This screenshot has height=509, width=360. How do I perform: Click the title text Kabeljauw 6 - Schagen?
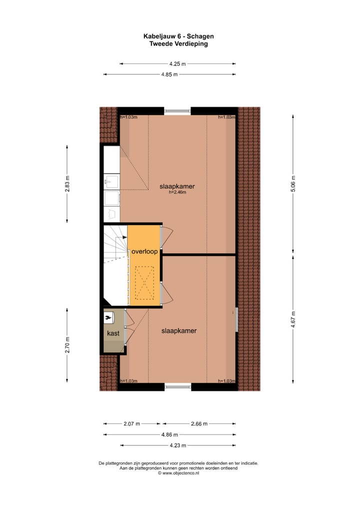click(178, 36)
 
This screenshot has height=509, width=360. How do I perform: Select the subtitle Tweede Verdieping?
click(178, 43)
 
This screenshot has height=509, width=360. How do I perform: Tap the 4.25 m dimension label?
click(177, 64)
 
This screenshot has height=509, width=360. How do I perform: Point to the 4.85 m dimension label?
click(169, 74)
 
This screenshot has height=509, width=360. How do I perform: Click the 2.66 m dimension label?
click(199, 423)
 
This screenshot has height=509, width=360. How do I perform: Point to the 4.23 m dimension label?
click(177, 445)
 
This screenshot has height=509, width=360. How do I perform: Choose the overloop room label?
click(145, 251)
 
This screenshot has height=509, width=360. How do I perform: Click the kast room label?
click(112, 332)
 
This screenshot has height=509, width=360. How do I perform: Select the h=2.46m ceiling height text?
click(177, 192)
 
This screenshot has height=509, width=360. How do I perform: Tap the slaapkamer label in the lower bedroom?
click(178, 331)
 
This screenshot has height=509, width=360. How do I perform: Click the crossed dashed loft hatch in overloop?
click(145, 282)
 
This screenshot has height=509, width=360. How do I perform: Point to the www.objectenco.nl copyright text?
click(178, 472)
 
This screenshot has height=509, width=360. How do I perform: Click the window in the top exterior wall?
click(177, 110)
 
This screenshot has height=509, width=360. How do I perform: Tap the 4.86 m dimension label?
click(169, 435)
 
